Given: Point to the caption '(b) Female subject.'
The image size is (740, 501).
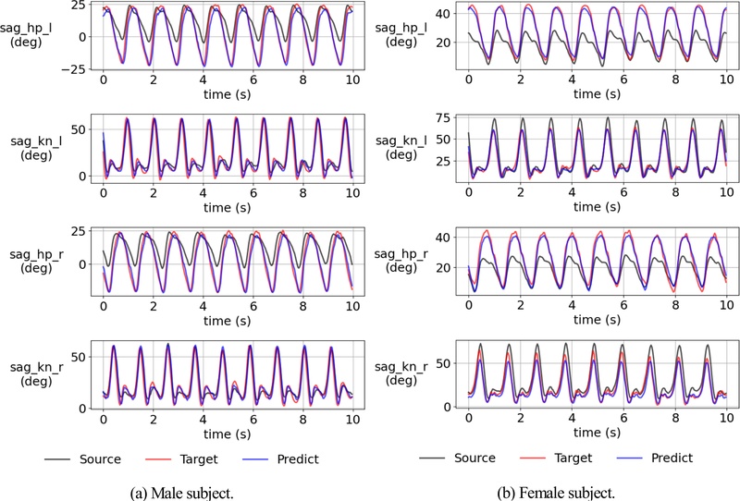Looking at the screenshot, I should tap(556, 492).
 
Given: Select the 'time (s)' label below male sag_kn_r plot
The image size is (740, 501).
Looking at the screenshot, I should tap(228, 433).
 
